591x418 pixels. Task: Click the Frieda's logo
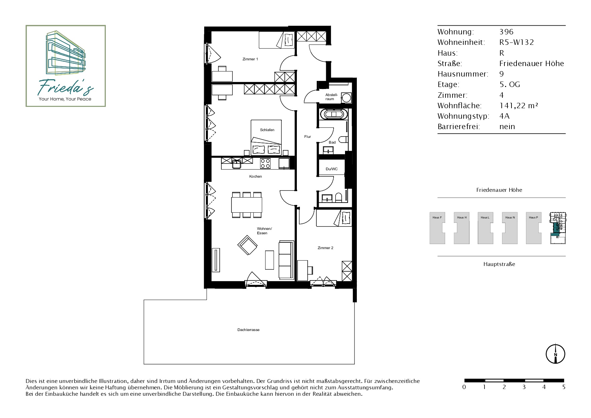pos(66,66)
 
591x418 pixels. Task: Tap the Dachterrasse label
pos(248,330)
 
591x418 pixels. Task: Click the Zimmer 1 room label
pos(250,59)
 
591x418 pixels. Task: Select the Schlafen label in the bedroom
pos(267,130)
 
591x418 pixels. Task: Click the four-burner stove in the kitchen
pos(265,163)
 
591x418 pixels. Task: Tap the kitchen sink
pos(237,164)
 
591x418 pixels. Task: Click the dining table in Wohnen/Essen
pos(247,205)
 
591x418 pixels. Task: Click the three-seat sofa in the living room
pos(286,260)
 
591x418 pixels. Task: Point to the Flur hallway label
pos(308,137)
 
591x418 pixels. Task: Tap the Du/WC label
pos(332,169)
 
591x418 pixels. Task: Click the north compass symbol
pos(555,354)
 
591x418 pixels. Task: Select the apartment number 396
pos(506,32)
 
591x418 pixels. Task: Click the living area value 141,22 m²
pos(519,106)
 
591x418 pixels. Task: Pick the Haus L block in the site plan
pos(486,228)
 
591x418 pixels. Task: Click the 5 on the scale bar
pos(564,387)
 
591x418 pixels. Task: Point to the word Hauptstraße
pos(499,264)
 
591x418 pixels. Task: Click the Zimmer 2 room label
pos(325,248)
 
